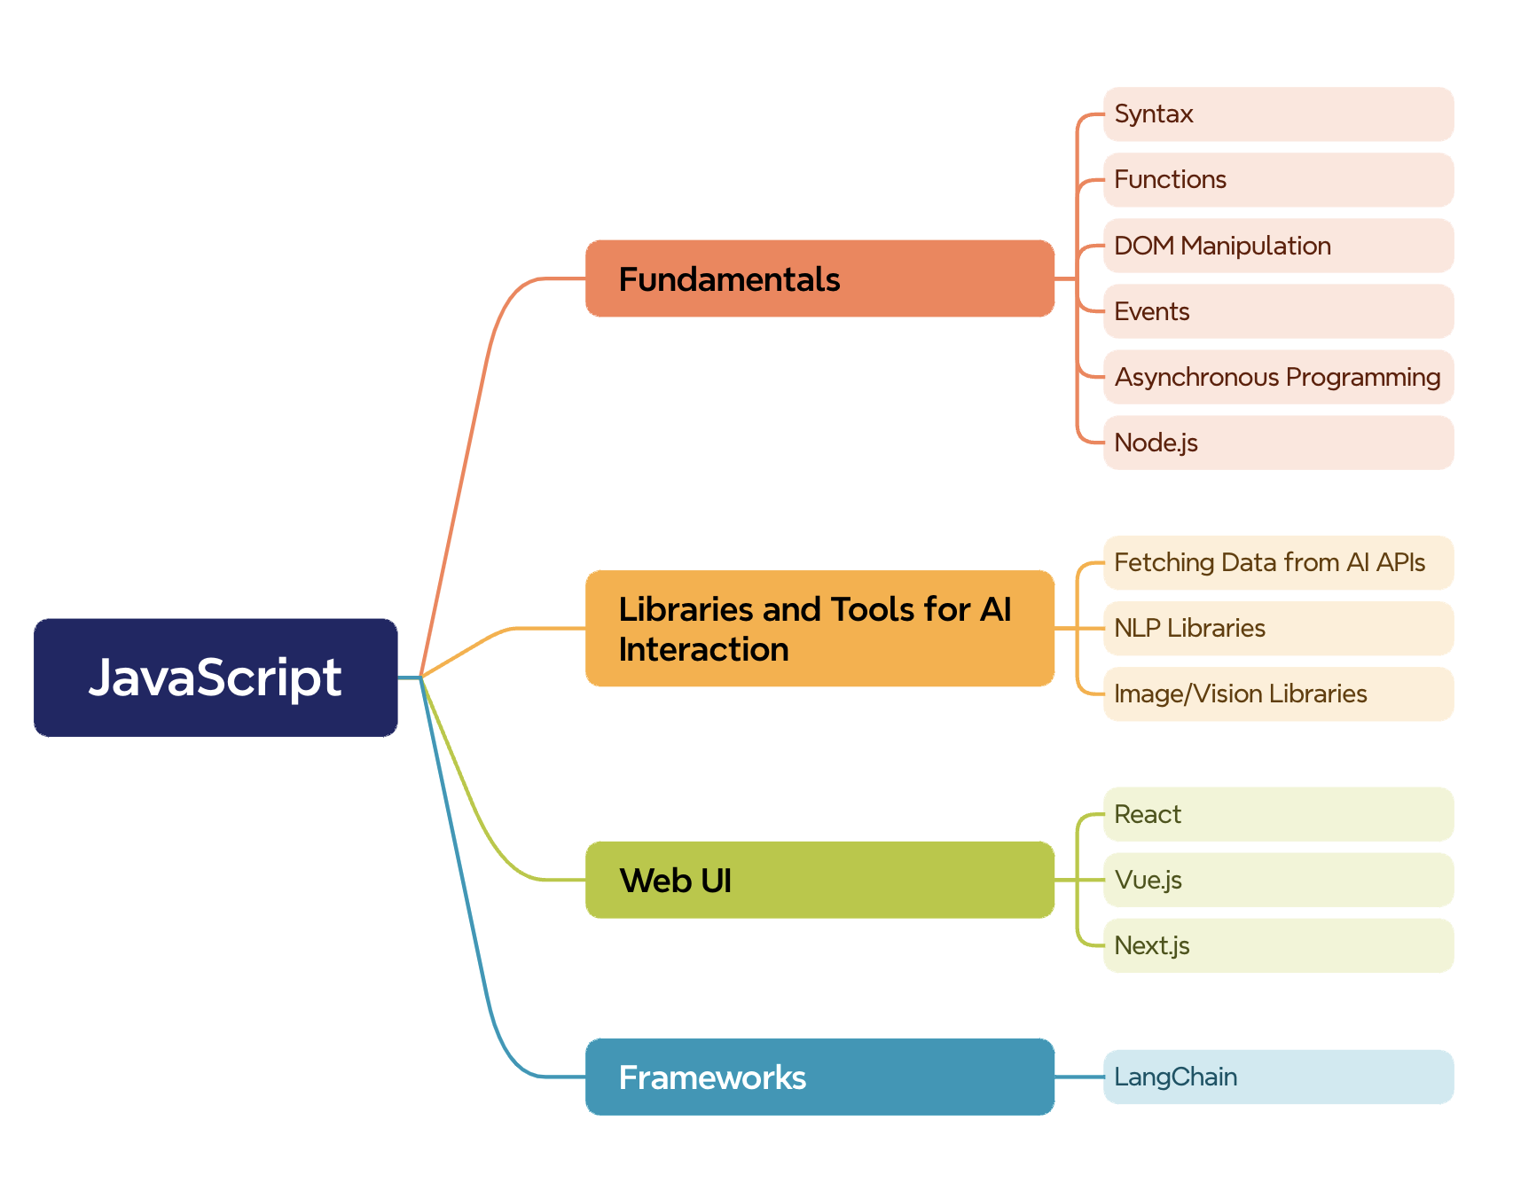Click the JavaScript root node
pyautogui.click(x=216, y=678)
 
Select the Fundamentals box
pyautogui.click(x=819, y=278)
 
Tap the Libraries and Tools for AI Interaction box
pyautogui.click(x=819, y=628)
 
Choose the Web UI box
pyautogui.click(x=819, y=880)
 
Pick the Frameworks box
pyautogui.click(x=819, y=1077)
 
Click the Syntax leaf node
pyautogui.click(x=1278, y=114)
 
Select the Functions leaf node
pyautogui.click(x=1278, y=180)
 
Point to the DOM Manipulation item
pyautogui.click(x=1278, y=246)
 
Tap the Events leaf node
pyautogui.click(x=1278, y=311)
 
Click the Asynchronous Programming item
pyautogui.click(x=1278, y=377)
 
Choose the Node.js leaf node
pyautogui.click(x=1278, y=443)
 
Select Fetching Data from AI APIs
pyautogui.click(x=1278, y=562)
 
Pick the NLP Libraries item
pyautogui.click(x=1278, y=628)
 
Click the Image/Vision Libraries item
pyautogui.click(x=1278, y=693)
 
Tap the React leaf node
pyautogui.click(x=1278, y=814)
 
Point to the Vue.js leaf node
pyautogui.click(x=1278, y=880)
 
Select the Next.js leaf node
pyautogui.click(x=1278, y=945)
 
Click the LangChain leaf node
pyautogui.click(x=1278, y=1077)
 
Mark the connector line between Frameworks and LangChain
pyautogui.click(x=1079, y=1077)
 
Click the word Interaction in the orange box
pyautogui.click(x=703, y=650)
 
